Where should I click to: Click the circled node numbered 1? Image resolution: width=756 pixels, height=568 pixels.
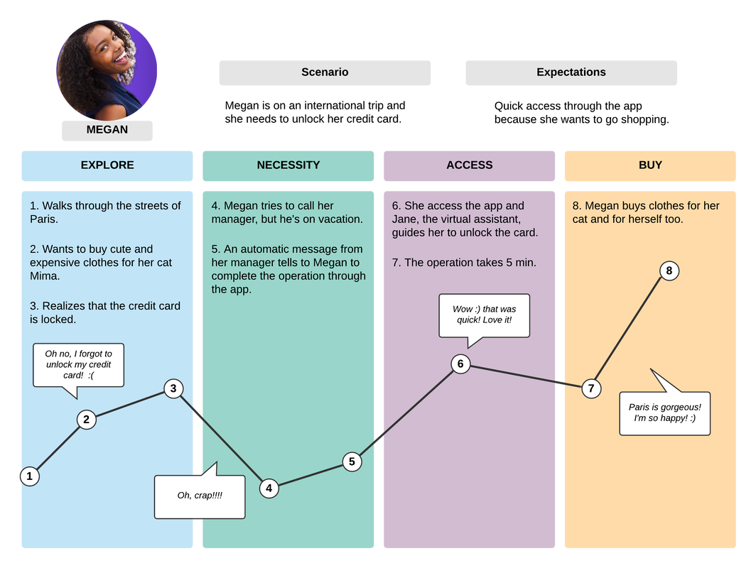29,476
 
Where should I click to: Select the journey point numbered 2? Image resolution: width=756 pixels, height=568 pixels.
86,420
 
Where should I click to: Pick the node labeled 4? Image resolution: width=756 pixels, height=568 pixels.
269,488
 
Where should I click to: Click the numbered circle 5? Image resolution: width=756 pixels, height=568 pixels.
352,461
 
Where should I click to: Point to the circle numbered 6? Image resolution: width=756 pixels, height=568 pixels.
460,364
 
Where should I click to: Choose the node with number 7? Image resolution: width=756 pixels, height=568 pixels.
591,388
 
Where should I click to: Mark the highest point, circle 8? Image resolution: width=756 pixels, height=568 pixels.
669,271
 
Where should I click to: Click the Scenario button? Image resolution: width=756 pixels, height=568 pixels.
325,72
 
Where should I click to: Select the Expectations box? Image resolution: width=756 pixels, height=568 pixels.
571,72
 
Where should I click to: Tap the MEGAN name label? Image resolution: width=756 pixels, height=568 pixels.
107,130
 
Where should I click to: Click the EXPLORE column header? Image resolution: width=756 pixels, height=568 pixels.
107,165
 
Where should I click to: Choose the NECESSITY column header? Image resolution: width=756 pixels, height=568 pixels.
288,165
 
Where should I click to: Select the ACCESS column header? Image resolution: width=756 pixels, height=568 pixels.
469,165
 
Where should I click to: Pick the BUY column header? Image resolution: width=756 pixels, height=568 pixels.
650,165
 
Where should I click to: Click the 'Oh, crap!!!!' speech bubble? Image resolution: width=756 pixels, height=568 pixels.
200,496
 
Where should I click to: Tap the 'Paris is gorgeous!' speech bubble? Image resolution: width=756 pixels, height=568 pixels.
665,413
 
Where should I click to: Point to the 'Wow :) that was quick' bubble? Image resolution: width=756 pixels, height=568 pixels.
484,315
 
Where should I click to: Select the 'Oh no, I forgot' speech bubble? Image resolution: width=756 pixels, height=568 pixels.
78,364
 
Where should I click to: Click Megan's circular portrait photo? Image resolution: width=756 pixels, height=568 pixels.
107,70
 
